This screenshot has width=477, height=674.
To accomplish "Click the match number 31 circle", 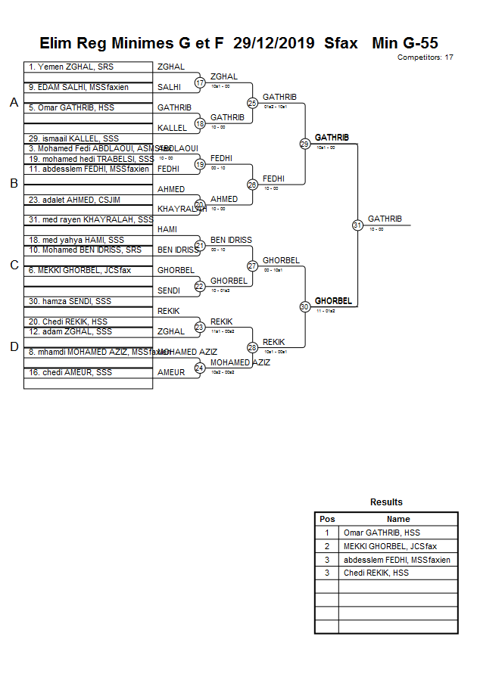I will point(357,225).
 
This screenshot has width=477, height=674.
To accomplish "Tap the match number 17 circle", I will point(200,82).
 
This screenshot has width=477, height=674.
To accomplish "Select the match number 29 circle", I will point(304,144).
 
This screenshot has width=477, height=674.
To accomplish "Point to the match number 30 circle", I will point(304,306).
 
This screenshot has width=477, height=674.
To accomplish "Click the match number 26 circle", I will point(253,185).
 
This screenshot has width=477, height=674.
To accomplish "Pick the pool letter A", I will point(14,103).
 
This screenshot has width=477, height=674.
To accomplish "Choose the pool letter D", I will point(14,346).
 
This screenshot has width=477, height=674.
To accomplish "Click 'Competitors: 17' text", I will point(425,57).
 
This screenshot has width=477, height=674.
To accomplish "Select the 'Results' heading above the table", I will point(386,502).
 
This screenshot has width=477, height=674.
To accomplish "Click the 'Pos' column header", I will point(327,519).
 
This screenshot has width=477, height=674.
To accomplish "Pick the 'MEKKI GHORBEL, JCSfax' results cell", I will point(390,546).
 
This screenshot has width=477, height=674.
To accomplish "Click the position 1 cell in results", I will point(327,533).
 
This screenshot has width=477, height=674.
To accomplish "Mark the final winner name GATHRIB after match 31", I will point(385,219).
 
